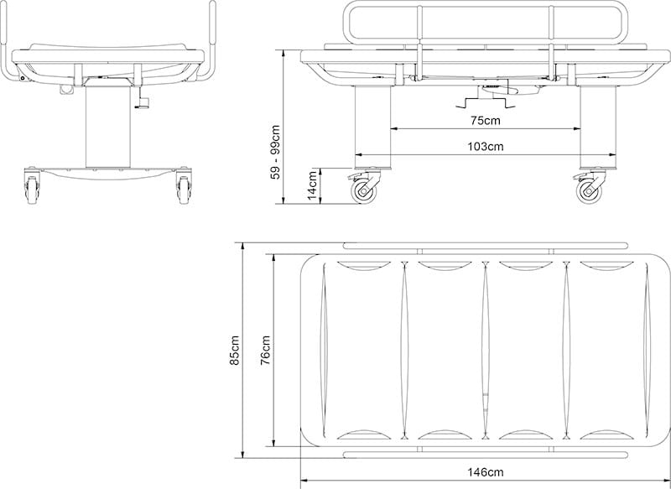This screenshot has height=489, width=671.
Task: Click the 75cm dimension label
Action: coord(486,120)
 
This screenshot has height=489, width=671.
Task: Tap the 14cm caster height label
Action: coord(312,185)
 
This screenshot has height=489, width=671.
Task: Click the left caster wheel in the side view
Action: coord(366,190)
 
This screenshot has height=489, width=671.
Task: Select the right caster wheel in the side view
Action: coord(590,190)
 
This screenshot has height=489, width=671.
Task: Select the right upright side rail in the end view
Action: coord(211,42)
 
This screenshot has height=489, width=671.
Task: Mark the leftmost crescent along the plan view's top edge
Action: coord(361,266)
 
